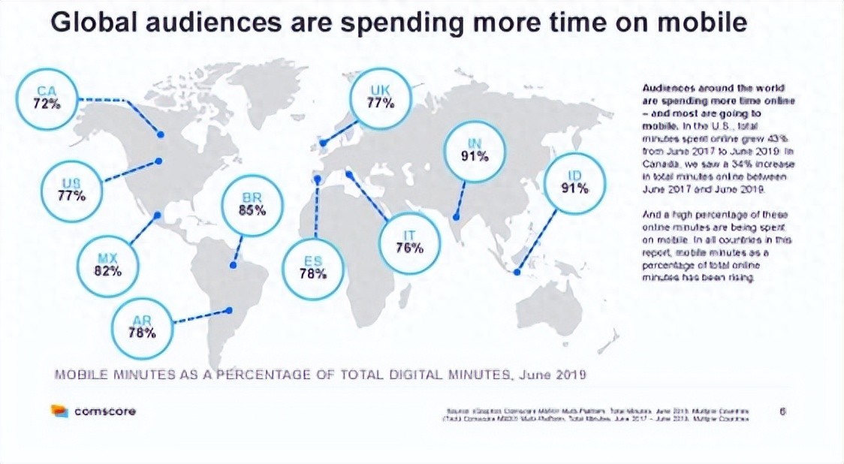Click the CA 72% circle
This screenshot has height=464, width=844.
(47, 99)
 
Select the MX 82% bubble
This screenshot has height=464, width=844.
(107, 265)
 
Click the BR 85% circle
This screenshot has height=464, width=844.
(252, 205)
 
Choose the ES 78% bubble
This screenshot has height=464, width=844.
(312, 267)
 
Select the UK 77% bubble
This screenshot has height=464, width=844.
(381, 98)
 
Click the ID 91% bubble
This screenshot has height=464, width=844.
(575, 182)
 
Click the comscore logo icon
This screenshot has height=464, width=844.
(59, 411)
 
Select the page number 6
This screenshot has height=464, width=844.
(783, 411)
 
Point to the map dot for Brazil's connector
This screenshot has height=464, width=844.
(233, 264)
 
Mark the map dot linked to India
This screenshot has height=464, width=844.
(456, 218)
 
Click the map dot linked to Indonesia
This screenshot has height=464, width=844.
(517, 273)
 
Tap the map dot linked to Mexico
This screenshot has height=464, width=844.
(158, 215)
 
